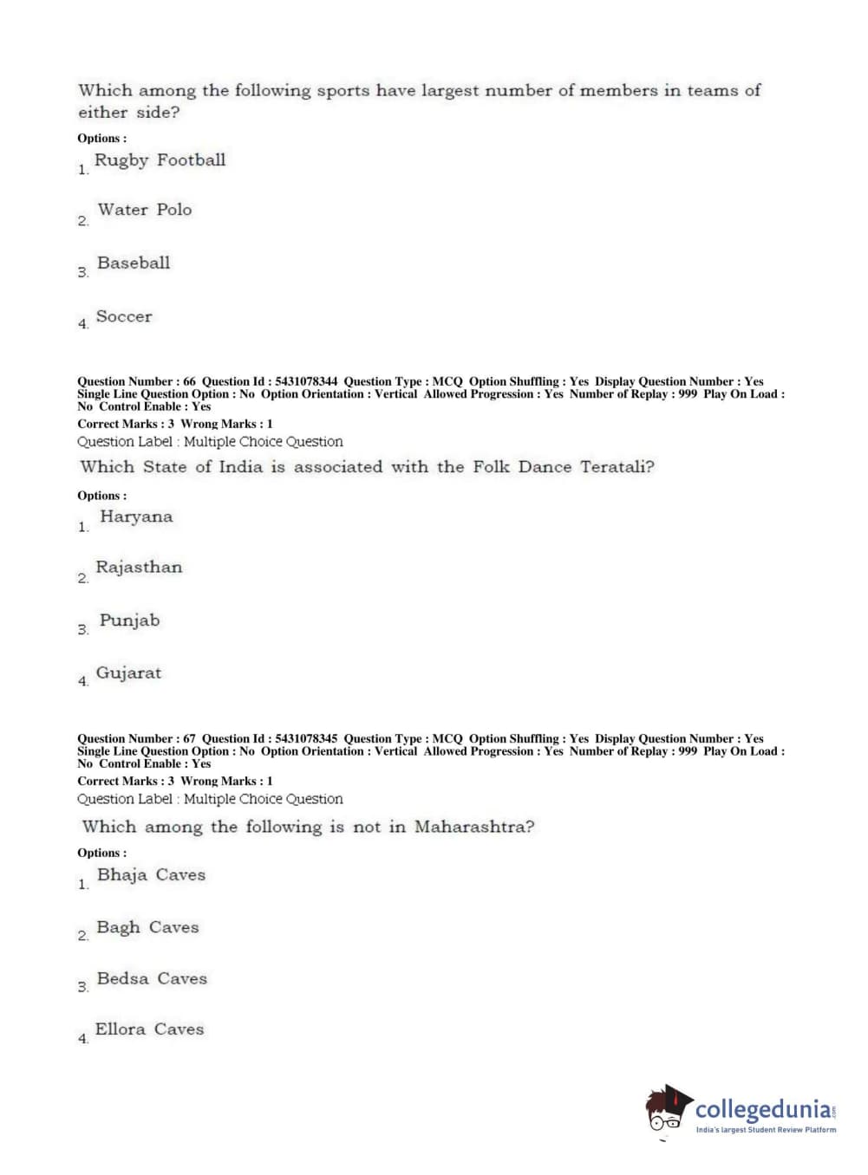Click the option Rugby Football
click(x=160, y=160)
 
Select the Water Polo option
click(x=144, y=210)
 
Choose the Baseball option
click(x=134, y=263)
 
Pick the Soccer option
click(x=123, y=317)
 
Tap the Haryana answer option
click(x=136, y=517)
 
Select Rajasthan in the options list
click(x=139, y=568)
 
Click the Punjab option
click(x=129, y=621)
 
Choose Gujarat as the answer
click(x=128, y=673)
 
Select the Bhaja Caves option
click(x=151, y=875)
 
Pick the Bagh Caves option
click(x=147, y=927)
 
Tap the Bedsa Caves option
click(x=152, y=979)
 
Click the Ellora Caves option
click(x=149, y=1029)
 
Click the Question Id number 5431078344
click(x=306, y=381)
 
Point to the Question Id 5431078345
click(x=306, y=739)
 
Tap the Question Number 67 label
click(x=136, y=739)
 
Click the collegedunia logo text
click(x=762, y=1110)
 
